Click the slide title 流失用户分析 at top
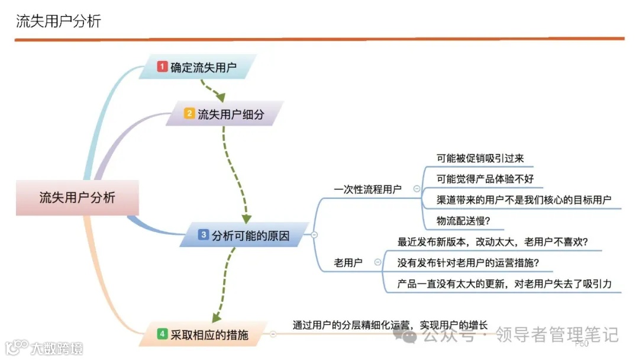click(x=59, y=22)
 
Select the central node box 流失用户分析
click(x=77, y=198)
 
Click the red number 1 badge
click(x=162, y=67)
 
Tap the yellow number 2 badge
click(x=189, y=113)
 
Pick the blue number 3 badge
click(x=204, y=235)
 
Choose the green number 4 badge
click(x=162, y=334)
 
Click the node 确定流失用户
click(x=204, y=67)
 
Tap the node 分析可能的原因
click(x=251, y=236)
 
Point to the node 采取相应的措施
click(x=209, y=335)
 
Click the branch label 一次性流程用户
click(x=367, y=189)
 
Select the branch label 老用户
click(x=348, y=263)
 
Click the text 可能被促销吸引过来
click(x=480, y=159)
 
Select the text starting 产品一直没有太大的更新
click(x=505, y=284)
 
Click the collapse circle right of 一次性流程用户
click(x=417, y=189)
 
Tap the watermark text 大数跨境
click(x=57, y=348)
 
